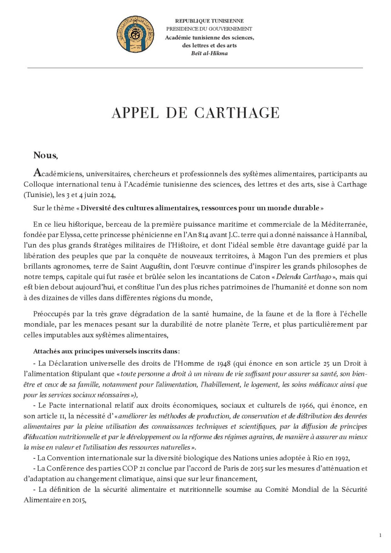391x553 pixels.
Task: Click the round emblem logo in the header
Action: pos(136,34)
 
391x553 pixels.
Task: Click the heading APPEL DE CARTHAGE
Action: pos(195,113)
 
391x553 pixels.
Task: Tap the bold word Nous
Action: pos(45,155)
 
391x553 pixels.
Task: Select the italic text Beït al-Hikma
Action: pos(209,53)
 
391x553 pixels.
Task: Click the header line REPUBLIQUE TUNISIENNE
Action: pos(209,21)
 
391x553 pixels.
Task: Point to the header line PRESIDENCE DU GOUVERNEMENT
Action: pos(209,29)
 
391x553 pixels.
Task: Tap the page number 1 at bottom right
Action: pos(380,536)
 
